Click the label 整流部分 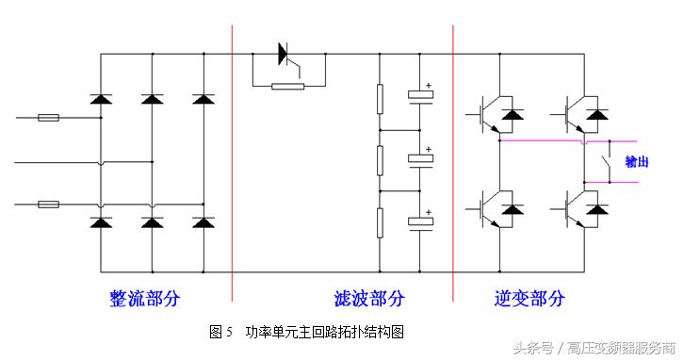click(144, 299)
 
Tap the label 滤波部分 click(369, 299)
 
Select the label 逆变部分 click(529, 299)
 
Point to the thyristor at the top click(285, 55)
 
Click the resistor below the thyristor click(287, 87)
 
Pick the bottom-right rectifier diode click(202, 222)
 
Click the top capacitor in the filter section click(419, 95)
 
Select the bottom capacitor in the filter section click(419, 223)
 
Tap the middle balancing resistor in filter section click(380, 159)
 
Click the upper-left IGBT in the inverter click(495, 112)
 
